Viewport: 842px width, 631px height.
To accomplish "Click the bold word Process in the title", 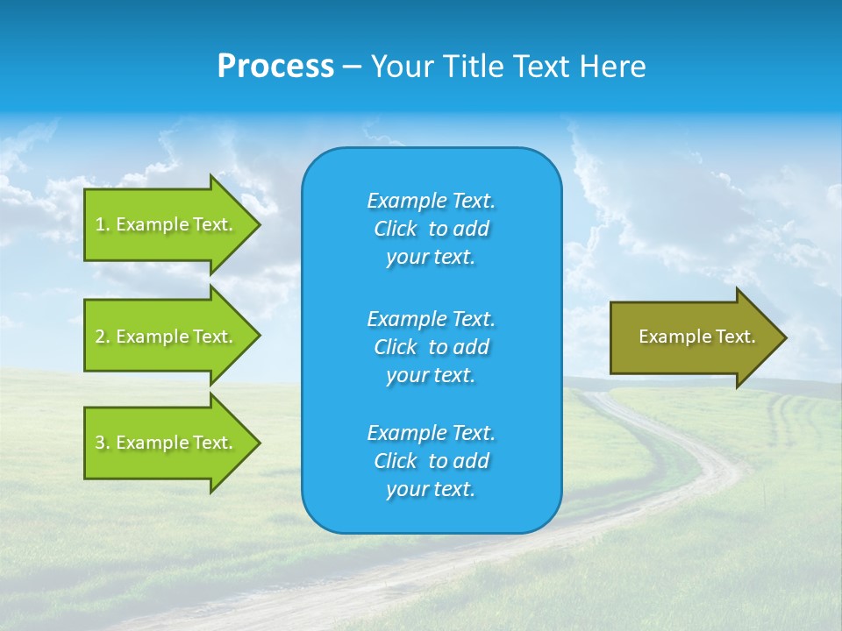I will click(275, 67).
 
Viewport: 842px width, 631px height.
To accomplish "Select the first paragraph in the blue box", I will click(431, 229).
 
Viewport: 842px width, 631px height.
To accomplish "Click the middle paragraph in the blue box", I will click(431, 347).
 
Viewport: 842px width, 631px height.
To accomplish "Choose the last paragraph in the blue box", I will click(431, 461).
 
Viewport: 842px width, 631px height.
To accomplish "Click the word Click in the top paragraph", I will click(395, 229).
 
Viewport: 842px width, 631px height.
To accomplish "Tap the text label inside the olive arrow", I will click(696, 337).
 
